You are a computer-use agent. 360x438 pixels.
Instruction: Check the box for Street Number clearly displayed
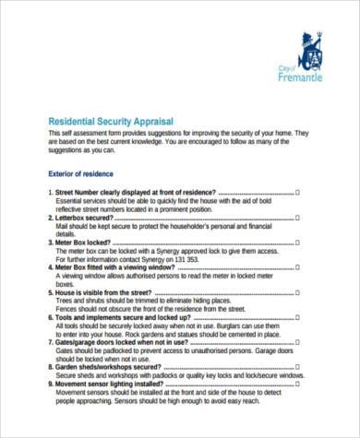click(x=297, y=192)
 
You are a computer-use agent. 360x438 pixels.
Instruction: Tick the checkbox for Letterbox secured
click(x=297, y=217)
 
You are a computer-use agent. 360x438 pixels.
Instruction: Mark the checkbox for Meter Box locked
click(x=297, y=242)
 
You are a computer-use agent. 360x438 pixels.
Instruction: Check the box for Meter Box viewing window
click(x=297, y=266)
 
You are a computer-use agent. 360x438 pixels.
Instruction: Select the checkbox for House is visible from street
click(x=297, y=291)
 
